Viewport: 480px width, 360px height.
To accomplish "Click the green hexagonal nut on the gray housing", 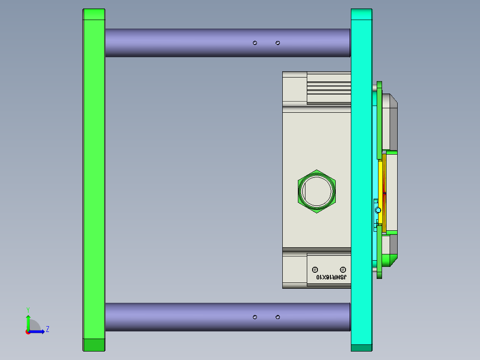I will (317, 191).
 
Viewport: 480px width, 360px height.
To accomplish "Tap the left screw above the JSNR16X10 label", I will (315, 270).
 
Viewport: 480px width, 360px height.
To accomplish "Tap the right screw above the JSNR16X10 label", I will (343, 270).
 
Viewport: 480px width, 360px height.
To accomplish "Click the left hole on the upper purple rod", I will (255, 43).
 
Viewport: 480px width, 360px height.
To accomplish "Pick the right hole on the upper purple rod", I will (278, 43).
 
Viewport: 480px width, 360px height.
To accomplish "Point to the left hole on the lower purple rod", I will (255, 317).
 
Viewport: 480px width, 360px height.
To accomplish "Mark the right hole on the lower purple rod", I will (278, 317).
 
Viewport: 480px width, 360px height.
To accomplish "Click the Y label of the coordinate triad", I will (28, 309).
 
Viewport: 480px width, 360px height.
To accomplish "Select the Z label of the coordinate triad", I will (47, 329).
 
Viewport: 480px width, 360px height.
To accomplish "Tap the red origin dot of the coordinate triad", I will (28, 331).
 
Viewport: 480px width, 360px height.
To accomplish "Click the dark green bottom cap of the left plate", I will (94, 345).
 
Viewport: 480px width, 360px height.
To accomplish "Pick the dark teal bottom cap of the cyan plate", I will (361, 348).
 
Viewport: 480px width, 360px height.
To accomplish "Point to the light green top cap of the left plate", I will (94, 14).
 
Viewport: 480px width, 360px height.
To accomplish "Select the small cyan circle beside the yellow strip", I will (378, 210).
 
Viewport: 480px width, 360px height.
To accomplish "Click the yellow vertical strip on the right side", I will (382, 178).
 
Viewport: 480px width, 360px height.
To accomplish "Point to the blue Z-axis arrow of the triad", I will (38, 331).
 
